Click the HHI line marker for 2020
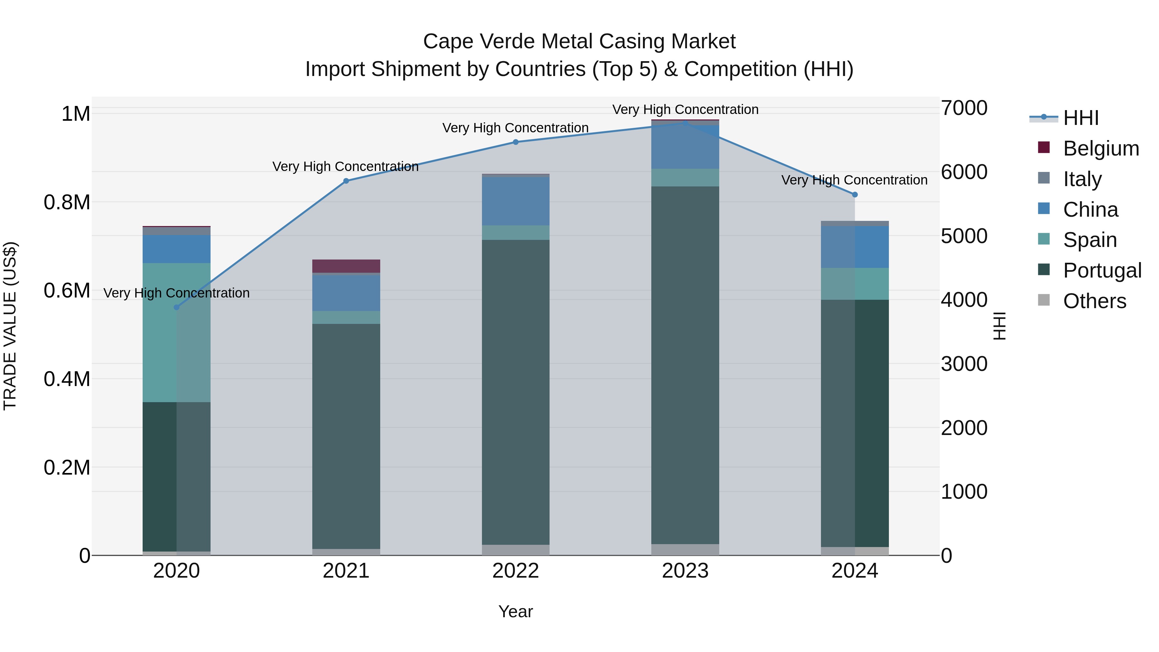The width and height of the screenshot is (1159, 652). click(x=176, y=307)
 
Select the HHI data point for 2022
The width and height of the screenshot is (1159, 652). click(x=516, y=142)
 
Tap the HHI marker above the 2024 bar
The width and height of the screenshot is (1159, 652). click(x=855, y=195)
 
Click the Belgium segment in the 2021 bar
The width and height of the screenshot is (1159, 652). click(x=346, y=266)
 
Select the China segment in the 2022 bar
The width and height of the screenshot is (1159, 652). click(x=516, y=201)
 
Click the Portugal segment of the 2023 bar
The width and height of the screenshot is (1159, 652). click(x=685, y=365)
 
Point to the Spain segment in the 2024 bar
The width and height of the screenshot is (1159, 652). click(x=855, y=284)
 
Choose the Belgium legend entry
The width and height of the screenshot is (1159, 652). click(x=1100, y=148)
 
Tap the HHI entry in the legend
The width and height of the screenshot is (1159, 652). click(x=1081, y=118)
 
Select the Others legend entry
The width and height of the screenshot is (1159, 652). click(x=1094, y=301)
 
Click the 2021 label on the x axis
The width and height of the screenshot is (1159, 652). click(x=346, y=571)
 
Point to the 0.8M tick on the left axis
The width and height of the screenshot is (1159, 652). click(x=67, y=202)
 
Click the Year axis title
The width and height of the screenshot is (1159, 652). click(x=516, y=611)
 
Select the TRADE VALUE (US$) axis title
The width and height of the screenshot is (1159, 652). click(x=10, y=326)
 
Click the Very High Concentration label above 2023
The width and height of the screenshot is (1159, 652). click(x=685, y=109)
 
